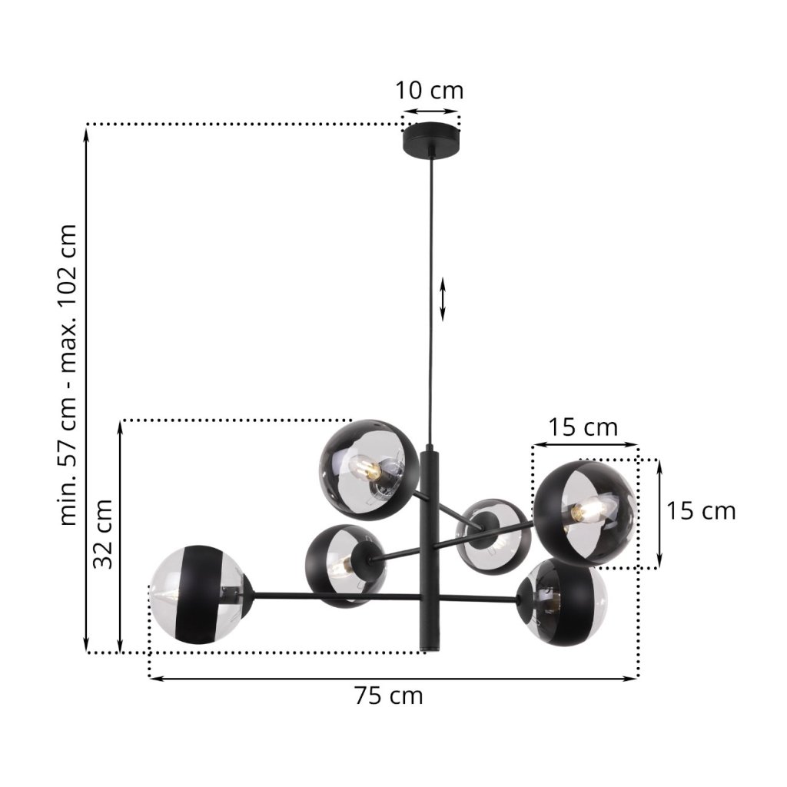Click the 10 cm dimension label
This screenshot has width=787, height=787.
429,91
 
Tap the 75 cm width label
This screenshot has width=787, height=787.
389,696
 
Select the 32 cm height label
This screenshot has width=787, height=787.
103,533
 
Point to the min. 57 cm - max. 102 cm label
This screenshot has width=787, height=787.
68,375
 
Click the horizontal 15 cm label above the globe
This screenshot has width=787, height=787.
583,427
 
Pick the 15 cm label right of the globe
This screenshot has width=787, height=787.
701,511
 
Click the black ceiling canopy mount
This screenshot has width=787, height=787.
430,141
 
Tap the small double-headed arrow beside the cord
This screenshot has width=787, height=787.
443,299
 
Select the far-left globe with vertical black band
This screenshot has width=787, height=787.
200,594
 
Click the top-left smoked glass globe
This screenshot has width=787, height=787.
369,470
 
